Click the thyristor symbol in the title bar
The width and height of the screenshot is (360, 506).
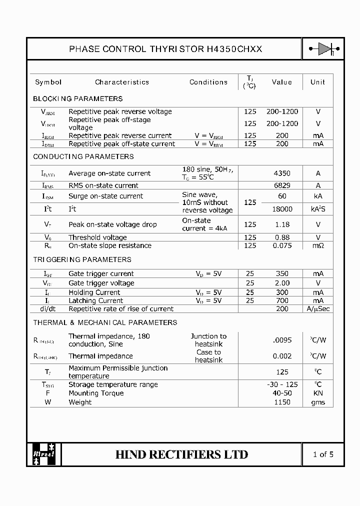click(x=323, y=49)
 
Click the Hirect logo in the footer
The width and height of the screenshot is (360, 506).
click(x=44, y=454)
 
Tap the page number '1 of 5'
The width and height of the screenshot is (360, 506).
click(x=323, y=454)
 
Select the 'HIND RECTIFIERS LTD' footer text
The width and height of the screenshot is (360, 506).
click(x=181, y=454)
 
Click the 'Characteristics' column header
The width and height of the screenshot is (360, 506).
click(x=122, y=82)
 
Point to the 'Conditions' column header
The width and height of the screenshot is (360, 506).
click(x=208, y=82)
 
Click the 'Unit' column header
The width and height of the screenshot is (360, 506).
click(x=317, y=82)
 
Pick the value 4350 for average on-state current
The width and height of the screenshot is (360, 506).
click(x=282, y=173)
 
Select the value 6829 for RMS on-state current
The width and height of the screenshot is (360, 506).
click(x=282, y=185)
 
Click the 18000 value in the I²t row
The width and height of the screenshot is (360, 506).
click(x=282, y=209)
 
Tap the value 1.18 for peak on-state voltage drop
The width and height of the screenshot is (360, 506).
click(x=282, y=224)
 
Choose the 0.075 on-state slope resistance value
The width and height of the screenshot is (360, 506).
click(x=282, y=245)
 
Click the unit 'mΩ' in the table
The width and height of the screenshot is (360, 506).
click(x=318, y=245)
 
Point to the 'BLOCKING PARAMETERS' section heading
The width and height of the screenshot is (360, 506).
click(x=77, y=98)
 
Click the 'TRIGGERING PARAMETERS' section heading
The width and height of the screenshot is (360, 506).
click(x=82, y=259)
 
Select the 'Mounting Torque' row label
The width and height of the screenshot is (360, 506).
click(x=96, y=393)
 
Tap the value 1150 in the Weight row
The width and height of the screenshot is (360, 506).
click(x=282, y=402)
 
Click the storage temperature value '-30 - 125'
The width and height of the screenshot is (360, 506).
click(x=282, y=384)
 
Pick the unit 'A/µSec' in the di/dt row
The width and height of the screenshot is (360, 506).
click(x=318, y=309)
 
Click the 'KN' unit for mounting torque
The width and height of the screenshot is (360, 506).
click(x=318, y=393)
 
